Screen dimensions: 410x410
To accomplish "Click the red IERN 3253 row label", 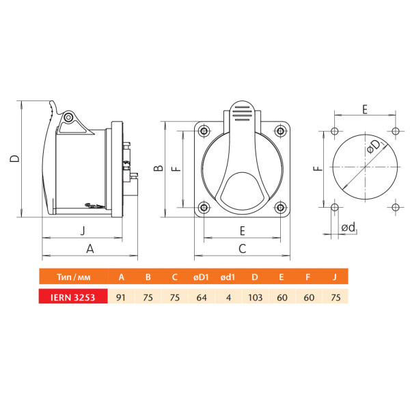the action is [73, 297].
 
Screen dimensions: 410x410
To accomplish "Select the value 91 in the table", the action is [121, 297].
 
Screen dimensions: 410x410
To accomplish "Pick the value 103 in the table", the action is [255, 297].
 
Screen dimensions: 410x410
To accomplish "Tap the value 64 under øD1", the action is [202, 297].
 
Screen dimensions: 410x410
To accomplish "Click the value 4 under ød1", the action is [228, 297].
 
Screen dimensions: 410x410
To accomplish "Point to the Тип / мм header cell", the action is [74, 277].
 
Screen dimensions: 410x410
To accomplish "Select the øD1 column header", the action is [201, 277].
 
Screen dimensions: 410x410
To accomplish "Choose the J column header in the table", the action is [334, 277].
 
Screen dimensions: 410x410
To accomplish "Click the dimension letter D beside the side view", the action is [14, 159].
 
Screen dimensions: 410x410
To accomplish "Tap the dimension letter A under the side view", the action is [90, 249].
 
